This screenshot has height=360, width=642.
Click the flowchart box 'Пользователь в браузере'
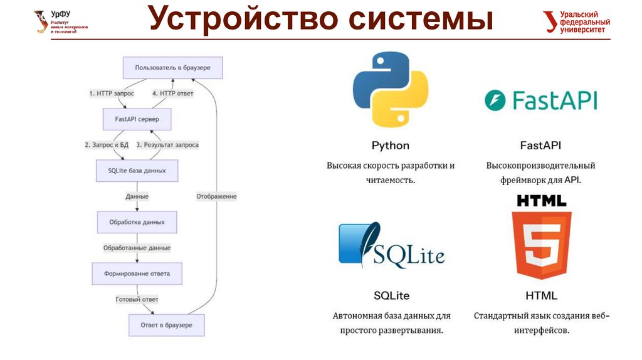click(172, 67)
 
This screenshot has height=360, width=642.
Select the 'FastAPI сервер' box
click(137, 119)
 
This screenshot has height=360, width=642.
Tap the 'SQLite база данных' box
click(137, 170)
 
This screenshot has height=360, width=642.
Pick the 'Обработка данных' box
click(137, 222)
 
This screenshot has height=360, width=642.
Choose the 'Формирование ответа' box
click(137, 273)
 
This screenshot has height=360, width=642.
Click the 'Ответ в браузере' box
click(166, 325)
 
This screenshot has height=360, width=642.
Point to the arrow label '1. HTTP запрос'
click(111, 93)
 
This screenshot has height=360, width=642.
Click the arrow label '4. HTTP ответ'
click(173, 93)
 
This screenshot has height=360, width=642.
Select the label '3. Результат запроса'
click(167, 145)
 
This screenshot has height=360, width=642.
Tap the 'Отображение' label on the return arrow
click(216, 196)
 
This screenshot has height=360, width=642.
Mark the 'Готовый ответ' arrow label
click(137, 299)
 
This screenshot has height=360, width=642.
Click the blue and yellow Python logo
click(390, 90)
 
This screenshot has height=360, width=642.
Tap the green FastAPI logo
click(540, 100)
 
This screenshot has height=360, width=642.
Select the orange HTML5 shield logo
click(541, 245)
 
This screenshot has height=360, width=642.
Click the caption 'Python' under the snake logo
click(390, 146)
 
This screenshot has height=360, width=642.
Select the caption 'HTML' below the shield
click(541, 295)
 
